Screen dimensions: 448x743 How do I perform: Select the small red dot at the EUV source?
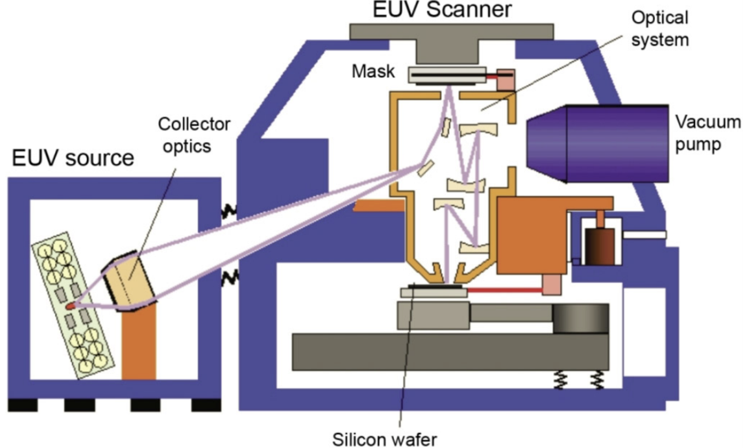[71, 306]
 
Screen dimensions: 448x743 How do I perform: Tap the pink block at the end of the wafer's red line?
[552, 285]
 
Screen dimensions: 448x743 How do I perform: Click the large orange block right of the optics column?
[531, 235]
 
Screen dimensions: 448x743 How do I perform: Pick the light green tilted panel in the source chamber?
[72, 302]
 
